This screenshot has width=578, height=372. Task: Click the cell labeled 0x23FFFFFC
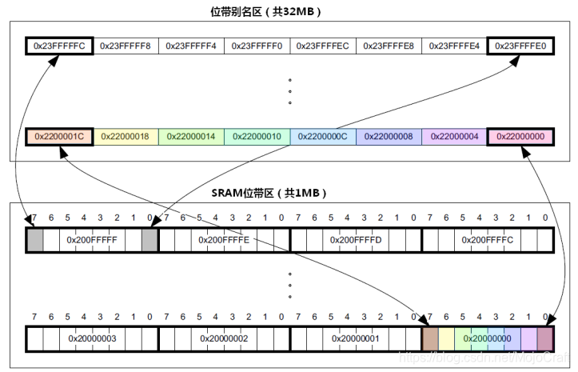tap(59, 46)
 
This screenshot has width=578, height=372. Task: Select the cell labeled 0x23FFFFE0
tap(520, 46)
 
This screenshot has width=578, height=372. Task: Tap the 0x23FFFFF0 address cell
tap(257, 46)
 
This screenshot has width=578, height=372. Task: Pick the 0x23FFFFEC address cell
tap(323, 46)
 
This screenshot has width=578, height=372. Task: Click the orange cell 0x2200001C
tap(59, 137)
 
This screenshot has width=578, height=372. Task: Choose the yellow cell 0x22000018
tap(126, 137)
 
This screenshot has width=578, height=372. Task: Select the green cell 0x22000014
tap(191, 137)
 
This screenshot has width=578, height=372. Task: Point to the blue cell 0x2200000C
tap(323, 137)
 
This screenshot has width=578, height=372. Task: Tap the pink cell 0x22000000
tap(520, 137)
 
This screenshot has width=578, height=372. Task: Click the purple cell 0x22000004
tap(455, 137)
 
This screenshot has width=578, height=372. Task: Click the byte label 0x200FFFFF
tap(92, 239)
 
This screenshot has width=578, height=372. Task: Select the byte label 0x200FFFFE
tap(224, 239)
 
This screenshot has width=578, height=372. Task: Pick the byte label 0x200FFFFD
tap(356, 239)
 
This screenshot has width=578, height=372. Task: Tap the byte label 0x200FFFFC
tap(488, 239)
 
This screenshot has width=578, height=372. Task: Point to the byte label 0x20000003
tap(92, 338)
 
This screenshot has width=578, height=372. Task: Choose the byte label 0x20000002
tap(224, 338)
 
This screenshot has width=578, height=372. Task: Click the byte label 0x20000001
tap(356, 338)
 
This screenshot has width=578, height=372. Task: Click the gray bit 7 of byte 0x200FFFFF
tap(34, 239)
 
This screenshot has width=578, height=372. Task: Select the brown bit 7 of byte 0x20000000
tap(430, 338)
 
